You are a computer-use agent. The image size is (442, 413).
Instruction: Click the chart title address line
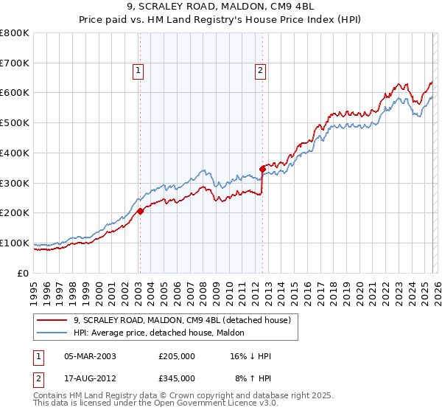(220, 7)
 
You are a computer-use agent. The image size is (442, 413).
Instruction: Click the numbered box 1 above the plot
(138, 71)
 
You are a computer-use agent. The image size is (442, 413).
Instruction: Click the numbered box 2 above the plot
(261, 71)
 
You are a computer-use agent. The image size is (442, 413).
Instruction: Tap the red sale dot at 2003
(140, 211)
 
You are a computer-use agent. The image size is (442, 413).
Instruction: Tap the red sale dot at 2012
(262, 169)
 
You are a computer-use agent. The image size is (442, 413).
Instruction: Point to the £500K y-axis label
(15, 123)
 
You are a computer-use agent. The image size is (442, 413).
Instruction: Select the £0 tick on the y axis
(22, 273)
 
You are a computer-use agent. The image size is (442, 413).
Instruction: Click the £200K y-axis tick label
(15, 213)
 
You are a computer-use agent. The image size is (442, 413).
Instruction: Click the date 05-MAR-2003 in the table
(90, 355)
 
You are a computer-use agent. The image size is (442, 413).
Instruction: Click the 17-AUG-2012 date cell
(90, 378)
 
